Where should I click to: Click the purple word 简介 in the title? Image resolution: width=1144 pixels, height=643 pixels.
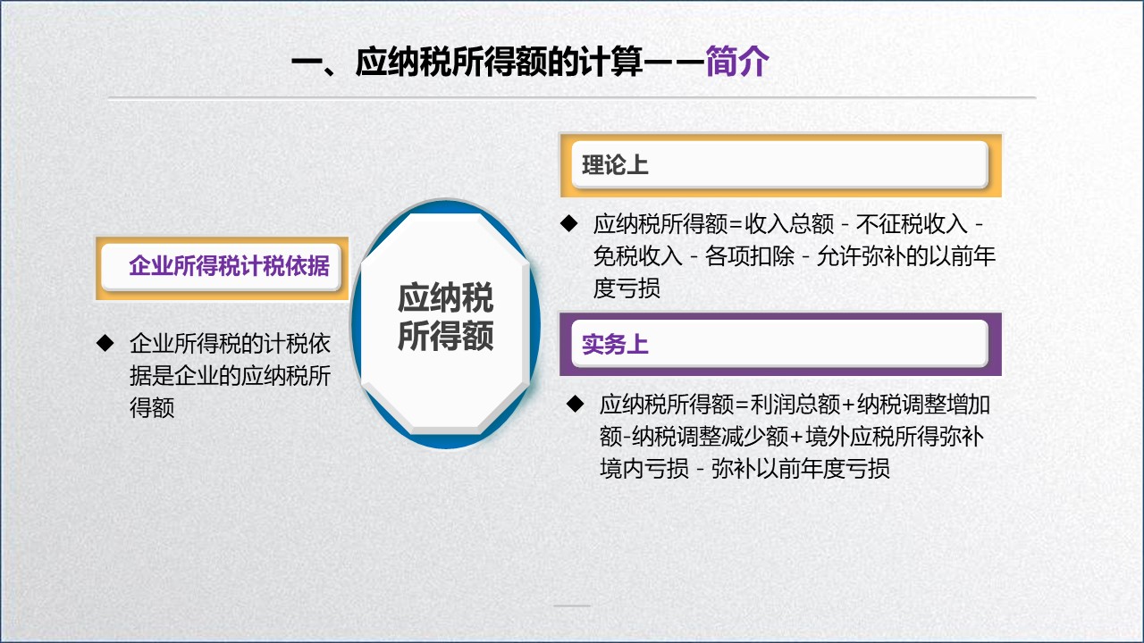(736, 63)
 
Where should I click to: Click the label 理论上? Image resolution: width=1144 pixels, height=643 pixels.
(615, 165)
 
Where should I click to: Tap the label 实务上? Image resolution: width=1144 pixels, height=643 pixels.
(615, 345)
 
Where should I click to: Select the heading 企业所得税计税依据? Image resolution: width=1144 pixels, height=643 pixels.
(229, 266)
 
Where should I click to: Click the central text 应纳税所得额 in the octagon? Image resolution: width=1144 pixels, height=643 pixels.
(445, 318)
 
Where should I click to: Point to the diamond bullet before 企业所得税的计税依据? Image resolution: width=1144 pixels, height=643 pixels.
(105, 342)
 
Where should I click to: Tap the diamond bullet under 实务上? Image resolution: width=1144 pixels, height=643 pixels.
(576, 404)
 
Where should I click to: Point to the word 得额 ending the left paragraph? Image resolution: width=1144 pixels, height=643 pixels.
(151, 407)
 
